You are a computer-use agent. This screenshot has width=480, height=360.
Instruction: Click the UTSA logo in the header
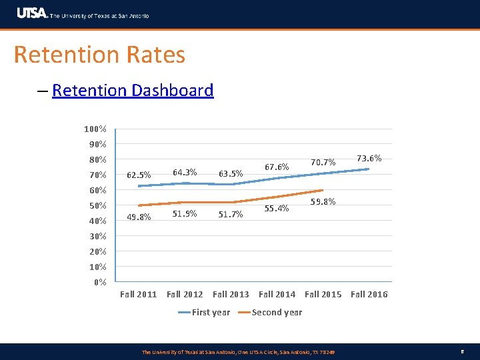32,13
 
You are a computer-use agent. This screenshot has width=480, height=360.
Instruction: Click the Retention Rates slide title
99,54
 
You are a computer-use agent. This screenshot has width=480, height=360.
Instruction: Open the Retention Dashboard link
133,90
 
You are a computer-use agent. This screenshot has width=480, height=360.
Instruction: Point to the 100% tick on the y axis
95,129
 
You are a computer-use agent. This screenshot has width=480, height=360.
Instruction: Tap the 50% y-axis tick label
97,205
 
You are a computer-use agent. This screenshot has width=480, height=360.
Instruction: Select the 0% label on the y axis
100,282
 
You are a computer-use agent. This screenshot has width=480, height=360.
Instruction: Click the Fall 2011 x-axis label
138,294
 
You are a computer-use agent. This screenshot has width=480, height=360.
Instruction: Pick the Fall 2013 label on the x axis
231,294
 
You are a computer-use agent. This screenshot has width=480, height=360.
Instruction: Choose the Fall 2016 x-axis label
369,294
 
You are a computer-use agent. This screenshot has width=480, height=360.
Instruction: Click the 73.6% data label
369,159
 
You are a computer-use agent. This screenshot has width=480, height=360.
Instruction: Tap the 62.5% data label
139,175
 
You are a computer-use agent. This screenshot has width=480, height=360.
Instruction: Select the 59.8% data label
323,201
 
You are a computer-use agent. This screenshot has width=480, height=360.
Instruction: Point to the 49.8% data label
139,217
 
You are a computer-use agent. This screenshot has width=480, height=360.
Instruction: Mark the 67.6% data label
277,166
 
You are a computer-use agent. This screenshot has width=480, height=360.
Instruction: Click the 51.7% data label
231,214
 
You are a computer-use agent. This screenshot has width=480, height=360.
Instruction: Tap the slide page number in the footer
461,351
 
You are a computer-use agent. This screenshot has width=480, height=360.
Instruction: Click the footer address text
238,351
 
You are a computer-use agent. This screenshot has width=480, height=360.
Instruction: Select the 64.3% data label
185,172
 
